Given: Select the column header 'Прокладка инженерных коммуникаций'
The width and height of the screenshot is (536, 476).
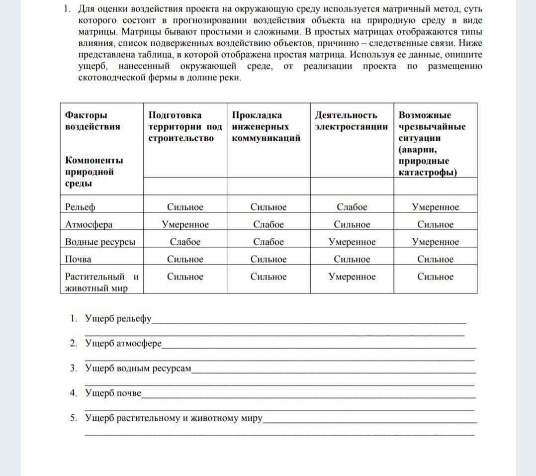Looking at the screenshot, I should point(266,126).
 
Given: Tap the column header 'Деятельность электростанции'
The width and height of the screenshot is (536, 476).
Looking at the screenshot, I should point(351,121).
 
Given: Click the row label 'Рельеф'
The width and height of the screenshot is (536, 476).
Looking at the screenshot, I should point(80,207).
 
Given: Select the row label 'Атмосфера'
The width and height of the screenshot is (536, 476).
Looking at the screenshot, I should point(89,224).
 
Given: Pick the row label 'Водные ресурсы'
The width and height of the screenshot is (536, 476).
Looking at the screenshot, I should point(100,242).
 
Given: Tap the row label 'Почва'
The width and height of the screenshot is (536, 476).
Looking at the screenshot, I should point(78,259).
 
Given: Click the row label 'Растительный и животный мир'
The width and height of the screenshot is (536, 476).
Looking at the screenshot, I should point(101,282).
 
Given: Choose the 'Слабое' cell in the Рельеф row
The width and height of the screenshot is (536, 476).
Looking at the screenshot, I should point(352,207).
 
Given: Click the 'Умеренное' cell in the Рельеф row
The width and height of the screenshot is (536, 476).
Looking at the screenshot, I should point(436,207).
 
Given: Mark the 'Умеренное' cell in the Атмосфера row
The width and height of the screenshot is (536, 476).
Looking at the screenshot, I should point(185,224).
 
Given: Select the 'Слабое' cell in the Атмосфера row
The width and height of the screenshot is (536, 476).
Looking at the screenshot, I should point(268,224).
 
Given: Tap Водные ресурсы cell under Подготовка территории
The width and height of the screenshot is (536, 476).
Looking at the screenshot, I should point(185,242).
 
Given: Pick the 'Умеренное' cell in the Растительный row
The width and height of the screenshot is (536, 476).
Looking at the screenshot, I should point(352,277).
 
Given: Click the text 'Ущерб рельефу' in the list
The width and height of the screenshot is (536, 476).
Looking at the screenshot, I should point(118,318).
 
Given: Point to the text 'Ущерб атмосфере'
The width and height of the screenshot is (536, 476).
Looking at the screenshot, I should point(123,343).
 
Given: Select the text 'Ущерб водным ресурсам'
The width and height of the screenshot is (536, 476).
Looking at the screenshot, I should point(138,368).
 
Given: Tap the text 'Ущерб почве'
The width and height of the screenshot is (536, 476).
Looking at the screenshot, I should point(113,393).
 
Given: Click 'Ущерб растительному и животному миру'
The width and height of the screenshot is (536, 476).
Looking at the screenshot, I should point(174,418).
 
